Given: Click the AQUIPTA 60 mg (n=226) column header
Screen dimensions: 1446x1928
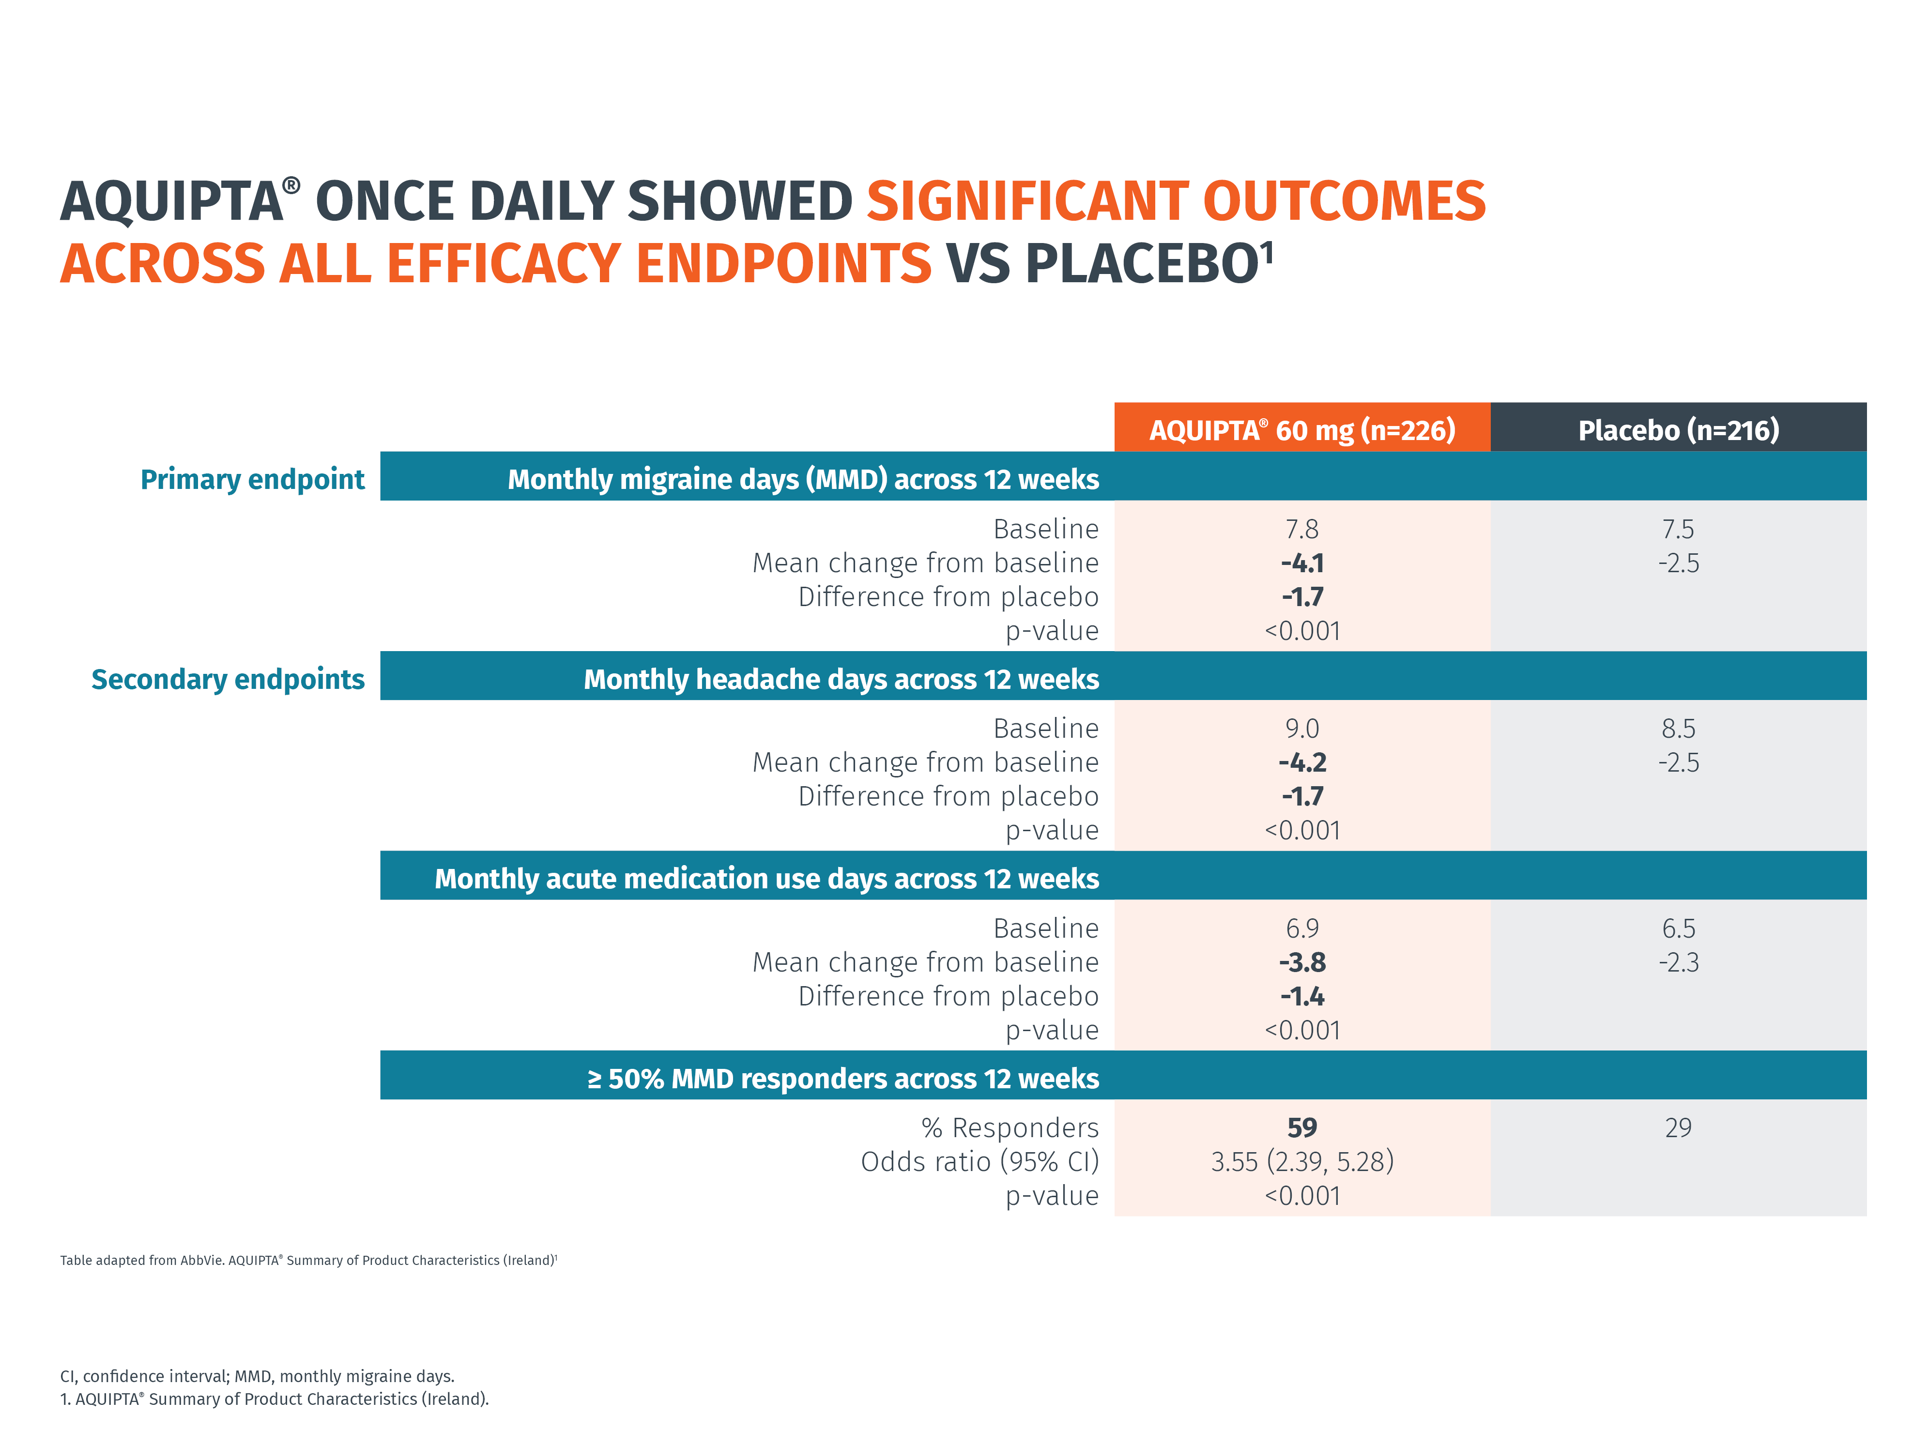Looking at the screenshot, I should click(1301, 430).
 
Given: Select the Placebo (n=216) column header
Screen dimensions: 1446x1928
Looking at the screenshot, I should click(1678, 430).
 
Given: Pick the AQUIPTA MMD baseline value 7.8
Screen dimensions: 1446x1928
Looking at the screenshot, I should click(1301, 529).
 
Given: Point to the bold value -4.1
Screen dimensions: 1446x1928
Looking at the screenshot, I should click(1301, 563).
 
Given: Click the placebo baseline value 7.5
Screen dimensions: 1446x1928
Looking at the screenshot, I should click(1678, 529).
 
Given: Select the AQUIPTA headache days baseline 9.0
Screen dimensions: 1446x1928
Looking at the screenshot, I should click(1301, 729).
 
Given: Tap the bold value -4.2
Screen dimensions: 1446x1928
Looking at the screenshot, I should click(1301, 762).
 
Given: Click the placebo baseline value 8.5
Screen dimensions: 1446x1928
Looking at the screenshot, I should click(1678, 729).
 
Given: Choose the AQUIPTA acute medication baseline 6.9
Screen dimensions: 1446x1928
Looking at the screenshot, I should click(1301, 928).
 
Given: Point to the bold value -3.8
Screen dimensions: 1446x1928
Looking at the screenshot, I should click(1301, 962).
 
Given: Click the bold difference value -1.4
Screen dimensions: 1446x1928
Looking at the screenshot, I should click(1301, 996).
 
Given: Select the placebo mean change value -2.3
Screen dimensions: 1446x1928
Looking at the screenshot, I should click(1678, 962).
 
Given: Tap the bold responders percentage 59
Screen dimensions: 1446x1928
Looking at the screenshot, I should click(1301, 1128).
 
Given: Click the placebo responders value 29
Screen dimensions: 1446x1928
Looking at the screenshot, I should click(1678, 1128).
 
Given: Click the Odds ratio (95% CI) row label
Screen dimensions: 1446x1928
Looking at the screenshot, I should click(979, 1162).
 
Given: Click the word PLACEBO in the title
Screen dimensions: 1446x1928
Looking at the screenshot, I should click(1142, 263).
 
